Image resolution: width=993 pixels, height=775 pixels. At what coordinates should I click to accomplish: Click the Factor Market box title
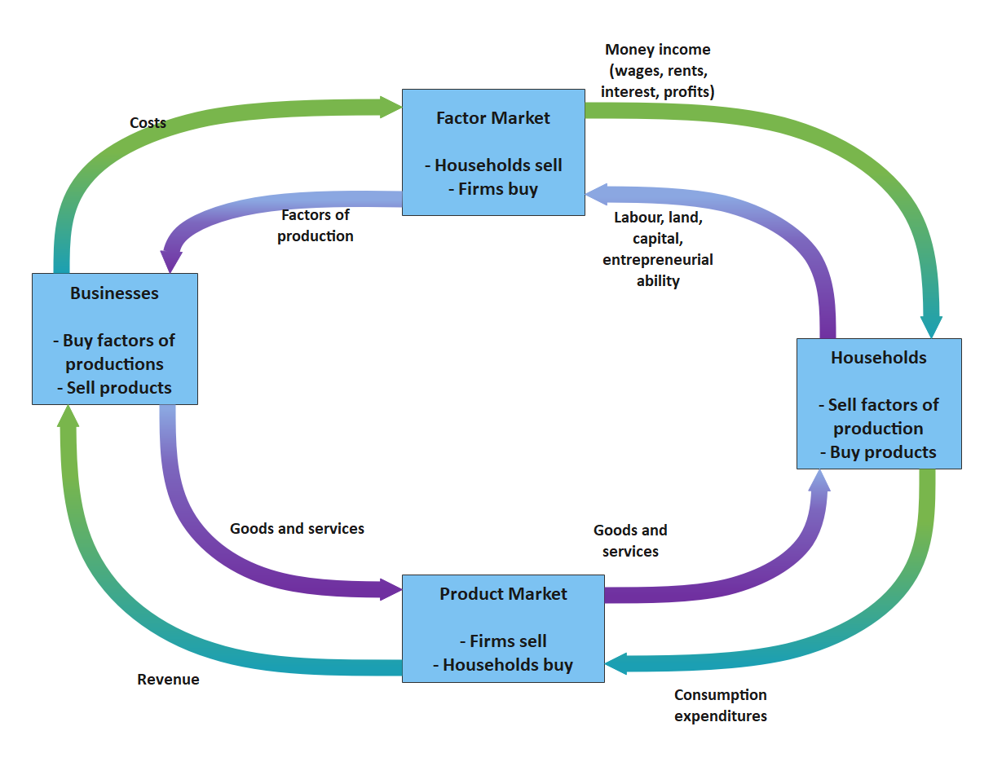(x=492, y=118)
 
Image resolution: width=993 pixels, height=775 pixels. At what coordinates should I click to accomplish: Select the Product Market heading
(x=503, y=594)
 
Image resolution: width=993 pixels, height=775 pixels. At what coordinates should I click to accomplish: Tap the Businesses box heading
(x=114, y=293)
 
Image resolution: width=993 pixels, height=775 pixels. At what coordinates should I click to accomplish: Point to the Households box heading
(x=878, y=358)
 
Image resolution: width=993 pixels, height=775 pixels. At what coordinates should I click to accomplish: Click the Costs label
(x=148, y=123)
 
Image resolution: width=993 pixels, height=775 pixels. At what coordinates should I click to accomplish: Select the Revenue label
(x=168, y=680)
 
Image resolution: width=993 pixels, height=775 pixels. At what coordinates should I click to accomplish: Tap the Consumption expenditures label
(x=721, y=706)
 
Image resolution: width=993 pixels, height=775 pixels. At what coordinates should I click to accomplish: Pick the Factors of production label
(x=316, y=226)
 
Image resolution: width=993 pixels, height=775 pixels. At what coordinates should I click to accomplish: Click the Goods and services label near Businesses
(x=297, y=529)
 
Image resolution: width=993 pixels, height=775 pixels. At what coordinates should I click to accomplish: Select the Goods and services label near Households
(x=630, y=541)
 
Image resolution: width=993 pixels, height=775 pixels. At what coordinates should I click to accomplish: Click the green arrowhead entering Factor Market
(x=391, y=106)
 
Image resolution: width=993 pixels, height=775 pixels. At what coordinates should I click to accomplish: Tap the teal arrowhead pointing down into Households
(x=931, y=326)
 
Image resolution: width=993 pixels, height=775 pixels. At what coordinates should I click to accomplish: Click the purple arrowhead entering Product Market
(x=391, y=588)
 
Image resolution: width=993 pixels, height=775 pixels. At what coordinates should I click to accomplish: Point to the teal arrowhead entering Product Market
(x=616, y=663)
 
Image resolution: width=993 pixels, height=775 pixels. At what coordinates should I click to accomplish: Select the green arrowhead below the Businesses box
(x=68, y=416)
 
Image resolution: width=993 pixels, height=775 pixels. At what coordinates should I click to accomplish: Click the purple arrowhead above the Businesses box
(x=171, y=261)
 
